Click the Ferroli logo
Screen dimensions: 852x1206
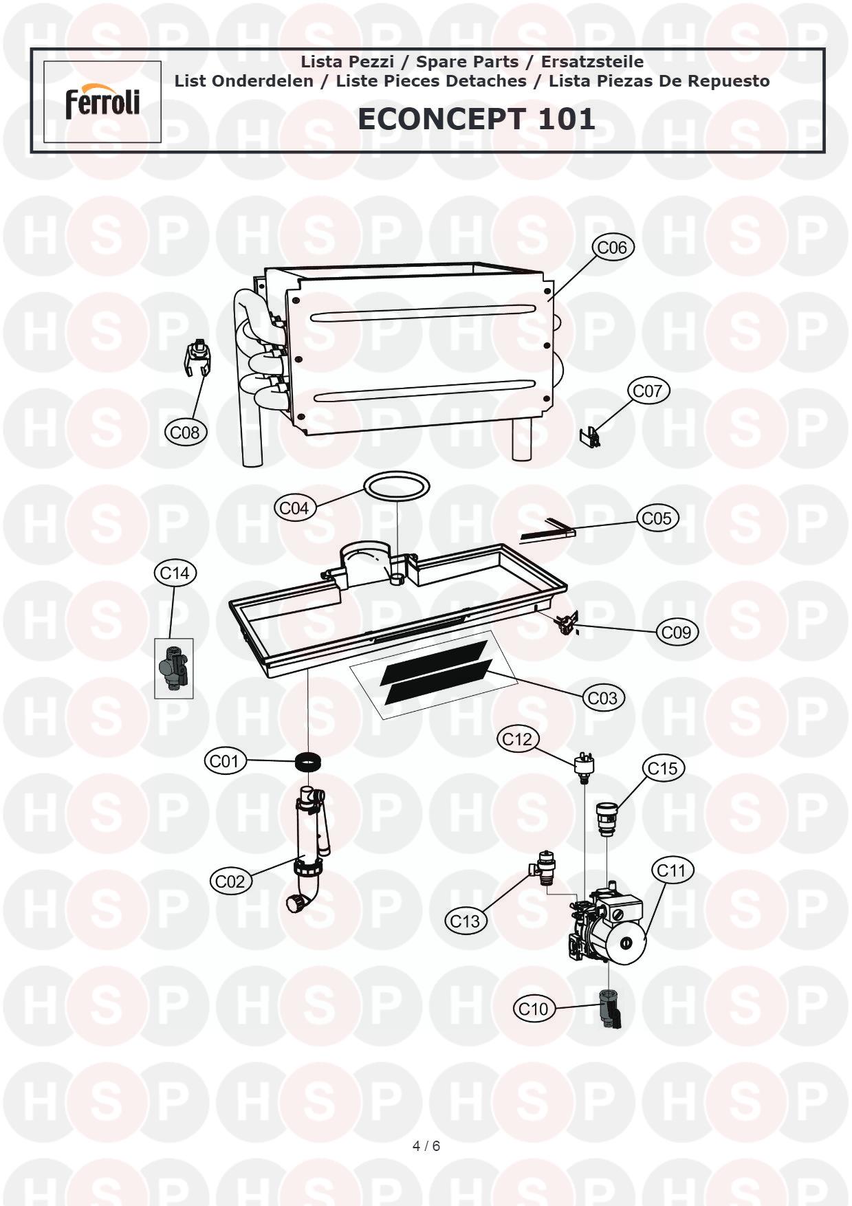pos(102,102)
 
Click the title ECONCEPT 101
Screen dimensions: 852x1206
pos(476,119)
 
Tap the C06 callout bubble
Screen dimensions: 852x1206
pos(612,247)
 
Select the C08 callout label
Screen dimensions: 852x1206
pos(185,432)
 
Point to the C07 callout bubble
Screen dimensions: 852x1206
pos(647,391)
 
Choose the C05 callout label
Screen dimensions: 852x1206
pos(657,518)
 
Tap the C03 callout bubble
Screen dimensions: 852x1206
pos(603,698)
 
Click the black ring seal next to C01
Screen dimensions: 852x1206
pos(308,762)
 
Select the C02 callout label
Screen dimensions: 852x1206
pos(230,881)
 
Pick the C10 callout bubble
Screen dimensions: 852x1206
pos(533,1009)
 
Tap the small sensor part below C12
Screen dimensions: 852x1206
pos(584,765)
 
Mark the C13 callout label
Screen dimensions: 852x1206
pos(465,921)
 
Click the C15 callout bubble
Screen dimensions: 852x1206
pos(663,768)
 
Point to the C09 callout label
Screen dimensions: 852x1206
pos(677,632)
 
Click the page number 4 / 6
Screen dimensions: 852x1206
pos(426,1145)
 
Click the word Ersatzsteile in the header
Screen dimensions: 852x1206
pos(592,62)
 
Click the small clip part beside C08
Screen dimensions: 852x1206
pos(198,358)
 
